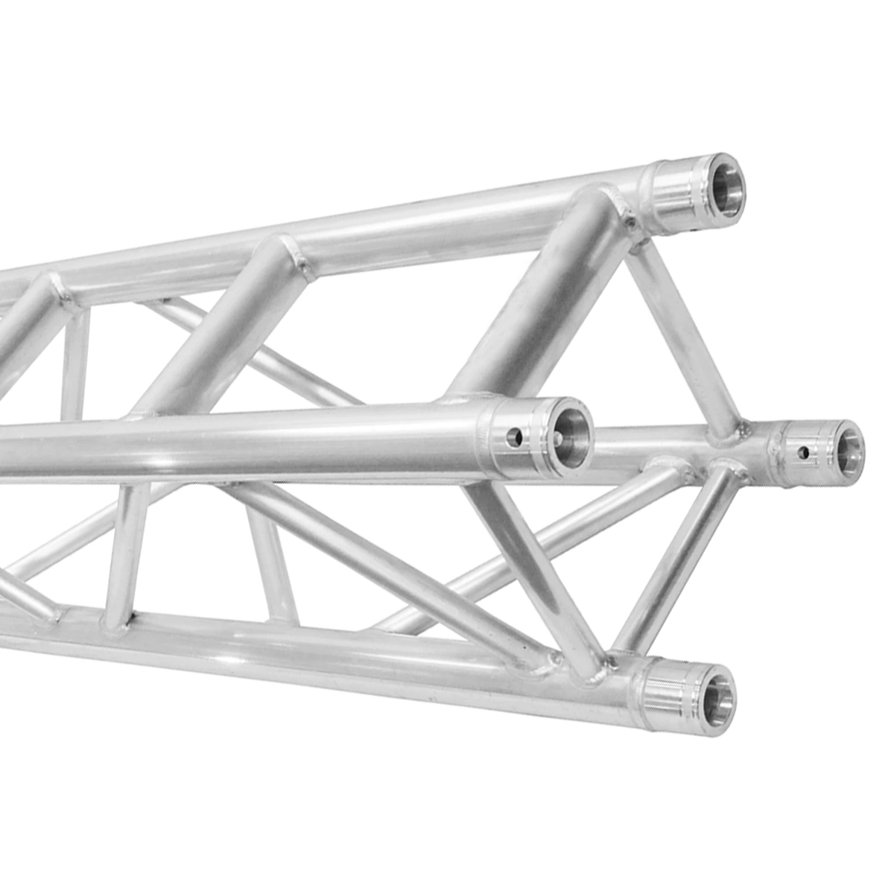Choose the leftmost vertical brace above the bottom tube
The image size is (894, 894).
123,551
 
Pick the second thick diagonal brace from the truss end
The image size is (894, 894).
223,328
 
